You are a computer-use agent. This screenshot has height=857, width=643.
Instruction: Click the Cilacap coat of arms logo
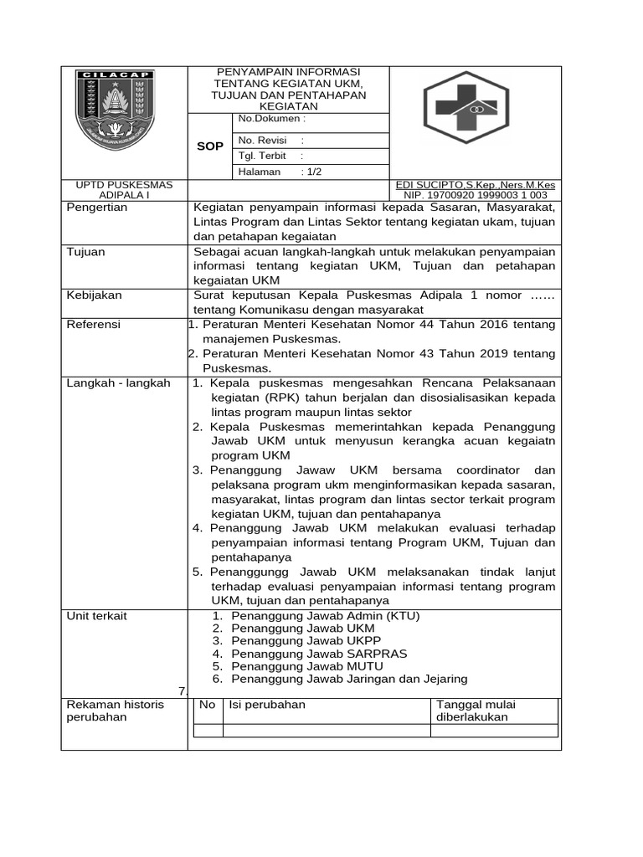pos(116,109)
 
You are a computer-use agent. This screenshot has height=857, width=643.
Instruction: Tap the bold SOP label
pos(209,146)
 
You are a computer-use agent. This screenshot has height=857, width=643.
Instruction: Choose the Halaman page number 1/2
pos(313,172)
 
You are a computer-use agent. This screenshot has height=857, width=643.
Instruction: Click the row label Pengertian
pos(97,208)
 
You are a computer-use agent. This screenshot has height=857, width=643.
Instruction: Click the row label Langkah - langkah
pos(118,382)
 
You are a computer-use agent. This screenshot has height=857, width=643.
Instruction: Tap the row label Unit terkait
pos(96,616)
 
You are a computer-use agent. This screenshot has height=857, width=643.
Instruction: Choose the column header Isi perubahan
pos(267,705)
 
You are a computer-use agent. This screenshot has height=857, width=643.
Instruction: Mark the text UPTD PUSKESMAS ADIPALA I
pos(125,189)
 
